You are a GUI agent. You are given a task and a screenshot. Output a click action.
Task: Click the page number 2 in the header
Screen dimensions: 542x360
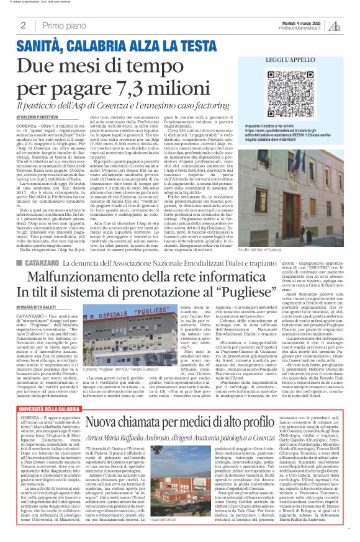pos(22,25)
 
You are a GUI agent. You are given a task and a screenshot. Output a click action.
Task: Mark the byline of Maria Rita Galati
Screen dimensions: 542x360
pos(38,306)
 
